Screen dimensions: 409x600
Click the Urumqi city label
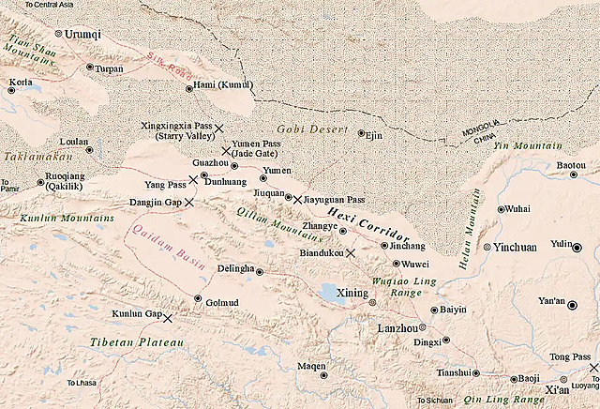point(82,34)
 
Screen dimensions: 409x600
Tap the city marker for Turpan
point(90,68)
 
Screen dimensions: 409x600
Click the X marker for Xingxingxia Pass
point(219,128)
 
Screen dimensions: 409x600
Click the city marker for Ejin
point(361,133)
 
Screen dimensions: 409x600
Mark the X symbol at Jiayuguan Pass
point(297,199)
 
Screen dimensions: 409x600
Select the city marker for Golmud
point(198,299)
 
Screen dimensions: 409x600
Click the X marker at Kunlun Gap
point(169,318)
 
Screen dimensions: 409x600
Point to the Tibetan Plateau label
point(136,342)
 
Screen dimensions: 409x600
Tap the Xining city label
point(352,293)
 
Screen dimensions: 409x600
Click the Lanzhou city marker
point(423,327)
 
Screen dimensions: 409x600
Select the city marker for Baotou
point(587,175)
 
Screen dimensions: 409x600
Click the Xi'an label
point(556,388)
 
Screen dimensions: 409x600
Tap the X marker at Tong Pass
point(593,368)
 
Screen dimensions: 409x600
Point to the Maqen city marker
point(324,375)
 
